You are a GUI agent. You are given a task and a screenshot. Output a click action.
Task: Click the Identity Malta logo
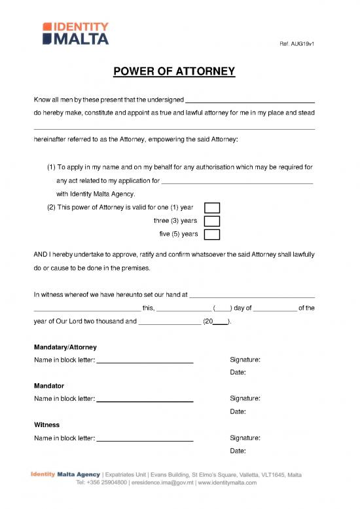coord(76,33)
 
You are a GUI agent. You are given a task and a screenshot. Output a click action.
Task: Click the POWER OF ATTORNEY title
coord(179,71)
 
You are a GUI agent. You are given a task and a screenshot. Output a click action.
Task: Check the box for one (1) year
coord(212,208)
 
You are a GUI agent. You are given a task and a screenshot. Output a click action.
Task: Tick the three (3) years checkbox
coord(212,221)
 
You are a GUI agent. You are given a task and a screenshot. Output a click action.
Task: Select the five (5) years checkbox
coord(212,234)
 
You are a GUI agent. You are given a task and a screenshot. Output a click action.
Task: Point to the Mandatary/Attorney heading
coord(65,347)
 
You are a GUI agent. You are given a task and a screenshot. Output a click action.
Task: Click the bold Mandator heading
coord(48,386)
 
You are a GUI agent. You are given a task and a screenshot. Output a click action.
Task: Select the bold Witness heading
coord(46,424)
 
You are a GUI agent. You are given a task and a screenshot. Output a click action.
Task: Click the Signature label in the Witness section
coord(245,438)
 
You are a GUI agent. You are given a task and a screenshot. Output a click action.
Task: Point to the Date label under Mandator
coord(238,411)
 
